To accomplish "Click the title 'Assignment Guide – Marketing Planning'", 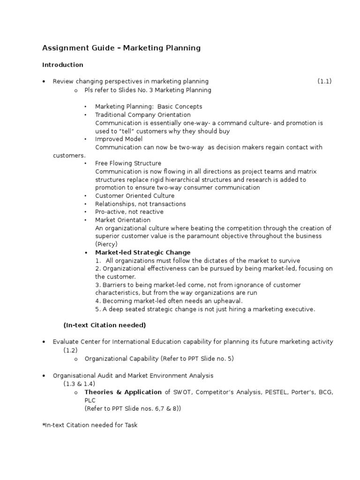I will point(121,48).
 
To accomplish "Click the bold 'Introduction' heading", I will point(63,65).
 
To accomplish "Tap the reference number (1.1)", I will point(324,81).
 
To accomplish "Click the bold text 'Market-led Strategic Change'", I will point(142,252).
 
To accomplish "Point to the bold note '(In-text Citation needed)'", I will point(105,325).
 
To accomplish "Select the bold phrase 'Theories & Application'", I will point(123,392).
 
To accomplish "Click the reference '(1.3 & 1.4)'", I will point(80,383).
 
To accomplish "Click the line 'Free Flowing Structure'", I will point(128,163).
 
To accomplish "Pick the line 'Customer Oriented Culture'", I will point(135,195).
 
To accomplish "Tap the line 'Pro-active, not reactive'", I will point(129,212).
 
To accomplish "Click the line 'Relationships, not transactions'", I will point(140,204).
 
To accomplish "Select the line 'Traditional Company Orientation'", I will point(142,115).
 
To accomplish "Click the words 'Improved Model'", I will point(119,139).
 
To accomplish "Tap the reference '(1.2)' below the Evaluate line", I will point(71,350).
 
